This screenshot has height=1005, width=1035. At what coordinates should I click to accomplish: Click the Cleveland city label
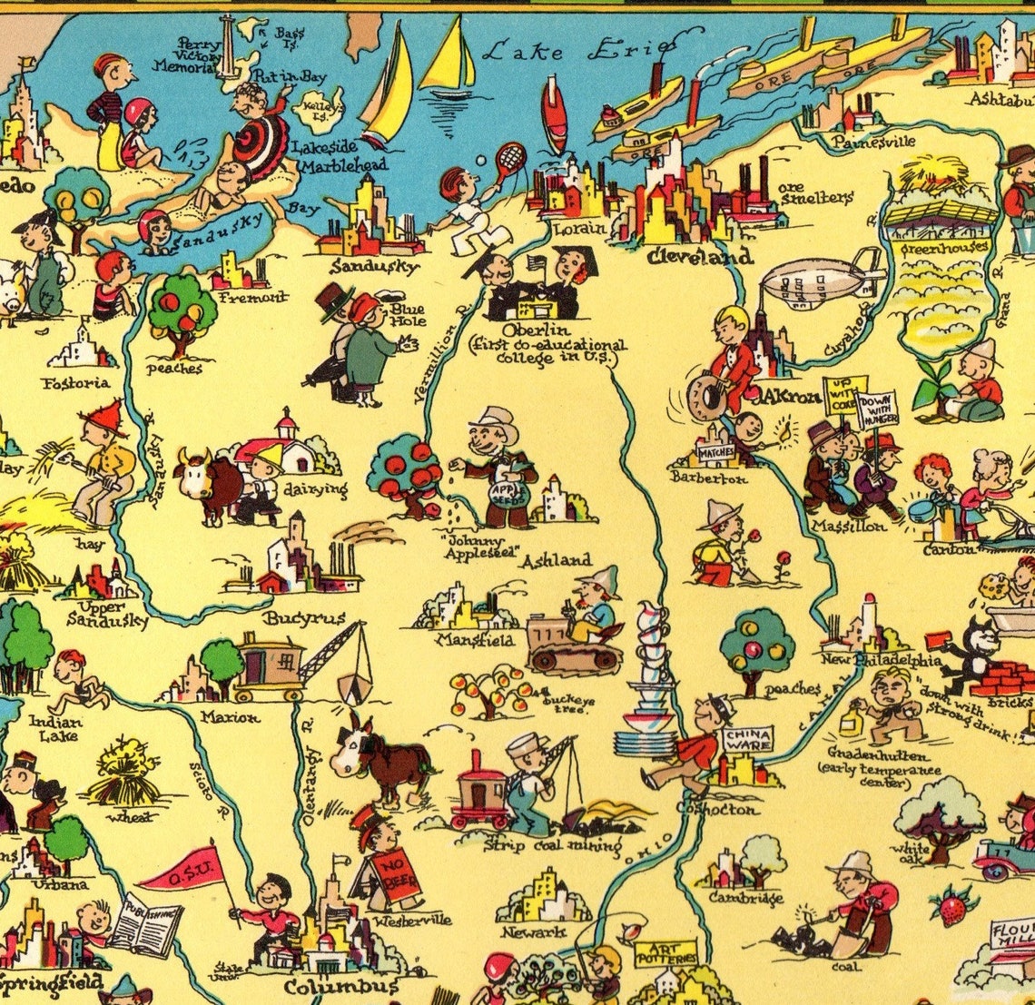699,258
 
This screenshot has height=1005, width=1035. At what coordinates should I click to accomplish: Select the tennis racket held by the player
509,160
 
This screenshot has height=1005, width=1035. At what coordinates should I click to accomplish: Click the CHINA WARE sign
747,739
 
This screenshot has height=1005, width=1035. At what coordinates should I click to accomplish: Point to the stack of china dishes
646,681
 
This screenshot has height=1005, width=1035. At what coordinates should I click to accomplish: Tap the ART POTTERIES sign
665,951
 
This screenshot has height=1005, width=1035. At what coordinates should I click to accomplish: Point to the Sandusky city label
374,267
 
